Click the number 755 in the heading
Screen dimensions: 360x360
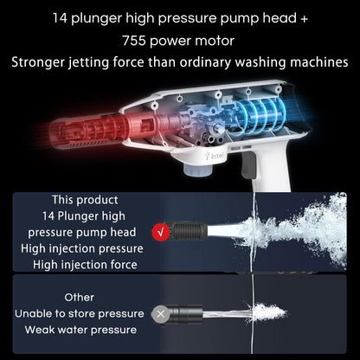133,41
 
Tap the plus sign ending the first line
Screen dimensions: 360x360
304,18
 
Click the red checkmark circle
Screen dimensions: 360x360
161,231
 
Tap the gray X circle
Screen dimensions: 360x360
161,314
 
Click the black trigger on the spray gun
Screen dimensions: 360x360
248,164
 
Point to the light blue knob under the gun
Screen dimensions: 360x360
197,170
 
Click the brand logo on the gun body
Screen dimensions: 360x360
212,156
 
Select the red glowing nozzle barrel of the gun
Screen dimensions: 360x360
89,130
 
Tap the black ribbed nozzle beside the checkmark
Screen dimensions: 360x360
188,231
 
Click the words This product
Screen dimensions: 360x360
85,200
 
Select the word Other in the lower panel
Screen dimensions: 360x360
80,298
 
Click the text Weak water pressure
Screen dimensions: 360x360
80,330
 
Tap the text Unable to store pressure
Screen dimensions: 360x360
80,313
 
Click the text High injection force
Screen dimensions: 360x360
85,265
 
